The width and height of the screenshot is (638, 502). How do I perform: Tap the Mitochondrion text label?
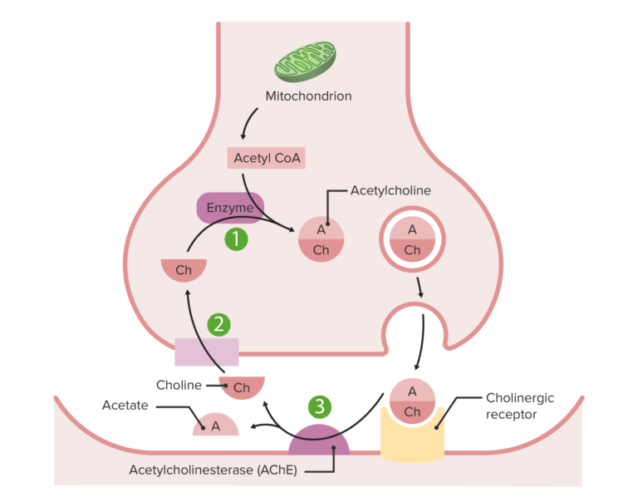tap(308, 96)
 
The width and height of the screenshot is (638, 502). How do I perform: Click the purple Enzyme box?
tap(230, 208)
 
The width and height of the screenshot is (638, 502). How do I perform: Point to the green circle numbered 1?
tap(237, 239)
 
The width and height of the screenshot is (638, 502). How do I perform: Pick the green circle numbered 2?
tap(218, 324)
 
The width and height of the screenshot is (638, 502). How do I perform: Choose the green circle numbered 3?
tap(321, 406)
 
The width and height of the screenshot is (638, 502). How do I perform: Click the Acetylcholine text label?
tap(390, 190)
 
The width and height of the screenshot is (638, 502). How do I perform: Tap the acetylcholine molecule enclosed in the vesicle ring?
tap(412, 239)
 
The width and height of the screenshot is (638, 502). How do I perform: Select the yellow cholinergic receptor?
tap(412, 436)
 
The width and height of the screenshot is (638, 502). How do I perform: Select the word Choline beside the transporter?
tap(179, 385)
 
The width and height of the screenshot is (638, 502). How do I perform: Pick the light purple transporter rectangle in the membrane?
tap(206, 352)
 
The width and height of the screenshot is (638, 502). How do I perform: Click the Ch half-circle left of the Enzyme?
tap(184, 269)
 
